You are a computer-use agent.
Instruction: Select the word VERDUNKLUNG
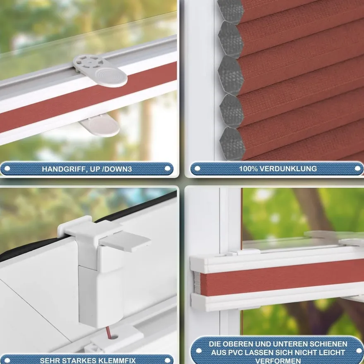[x=288, y=168]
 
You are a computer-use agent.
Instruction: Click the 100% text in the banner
[x=249, y=168]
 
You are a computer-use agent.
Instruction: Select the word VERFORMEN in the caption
[x=278, y=361]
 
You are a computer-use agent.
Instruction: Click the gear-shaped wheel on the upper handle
[x=88, y=62]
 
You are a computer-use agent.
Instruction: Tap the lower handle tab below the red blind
[x=100, y=125]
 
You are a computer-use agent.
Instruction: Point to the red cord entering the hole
[x=108, y=331]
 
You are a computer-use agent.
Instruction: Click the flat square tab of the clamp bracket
[x=125, y=242]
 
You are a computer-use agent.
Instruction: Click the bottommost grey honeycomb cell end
[x=232, y=144]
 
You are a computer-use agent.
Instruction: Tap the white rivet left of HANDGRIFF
[x=7, y=168]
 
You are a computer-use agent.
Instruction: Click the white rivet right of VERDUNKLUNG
[x=358, y=168]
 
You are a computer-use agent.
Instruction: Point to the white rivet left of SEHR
[x=7, y=361]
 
